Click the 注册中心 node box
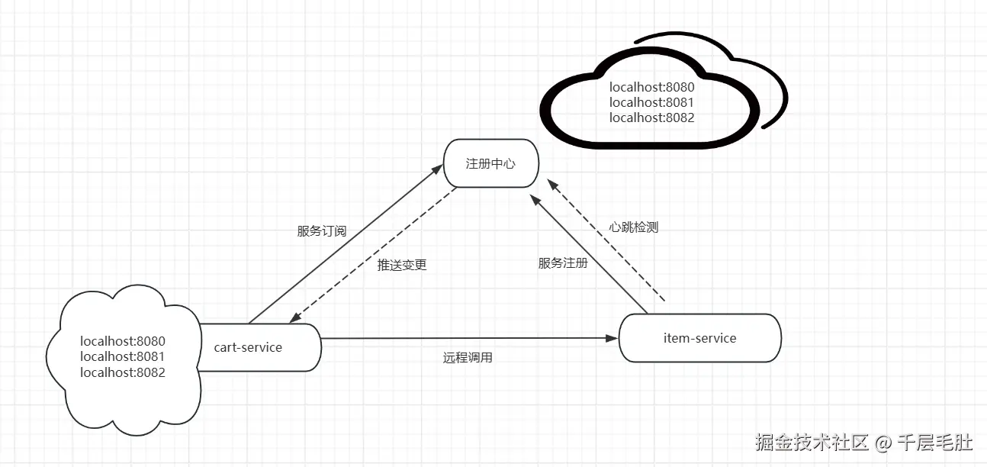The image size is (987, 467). tap(490, 163)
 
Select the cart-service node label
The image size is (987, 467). tap(248, 348)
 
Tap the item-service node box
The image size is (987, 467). tap(699, 338)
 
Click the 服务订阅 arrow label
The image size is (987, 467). tap(321, 231)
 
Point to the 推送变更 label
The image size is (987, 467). tap(402, 266)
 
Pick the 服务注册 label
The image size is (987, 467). tap(563, 263)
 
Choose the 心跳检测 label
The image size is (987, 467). tap(634, 227)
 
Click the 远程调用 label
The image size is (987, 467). tap(468, 357)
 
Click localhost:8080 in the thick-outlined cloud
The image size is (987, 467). tap(651, 87)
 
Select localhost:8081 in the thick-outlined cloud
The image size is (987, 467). tap(651, 102)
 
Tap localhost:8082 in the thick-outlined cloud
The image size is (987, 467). tap(651, 118)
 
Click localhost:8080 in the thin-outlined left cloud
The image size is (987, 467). tap(122, 341)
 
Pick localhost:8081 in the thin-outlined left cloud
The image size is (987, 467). tap(122, 356)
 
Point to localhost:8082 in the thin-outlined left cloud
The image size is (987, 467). tap(122, 372)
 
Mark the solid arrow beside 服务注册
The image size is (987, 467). tap(591, 256)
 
